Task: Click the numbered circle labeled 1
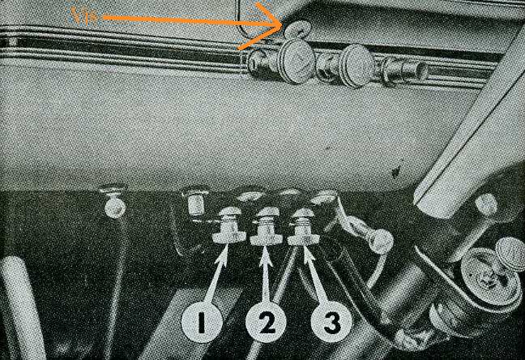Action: click(x=202, y=323)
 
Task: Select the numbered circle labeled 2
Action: click(x=266, y=324)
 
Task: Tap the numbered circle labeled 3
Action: click(x=331, y=323)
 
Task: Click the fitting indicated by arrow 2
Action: click(x=266, y=226)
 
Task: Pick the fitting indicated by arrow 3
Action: click(x=303, y=226)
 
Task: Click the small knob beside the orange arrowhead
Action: click(x=297, y=29)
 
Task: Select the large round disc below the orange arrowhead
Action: click(x=297, y=61)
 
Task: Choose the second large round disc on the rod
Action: click(x=357, y=66)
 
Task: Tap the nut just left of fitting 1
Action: click(x=195, y=202)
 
